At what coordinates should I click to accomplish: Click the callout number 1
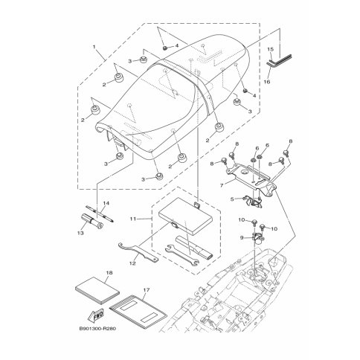click(94, 46)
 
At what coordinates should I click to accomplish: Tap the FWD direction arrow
click(96, 315)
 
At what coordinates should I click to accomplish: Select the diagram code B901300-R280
click(97, 329)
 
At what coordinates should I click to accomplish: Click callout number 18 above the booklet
click(109, 273)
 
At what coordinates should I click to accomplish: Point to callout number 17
click(147, 289)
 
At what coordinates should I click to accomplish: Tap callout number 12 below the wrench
click(132, 263)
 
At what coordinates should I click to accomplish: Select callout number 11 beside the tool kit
click(133, 219)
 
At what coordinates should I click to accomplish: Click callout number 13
click(80, 233)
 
